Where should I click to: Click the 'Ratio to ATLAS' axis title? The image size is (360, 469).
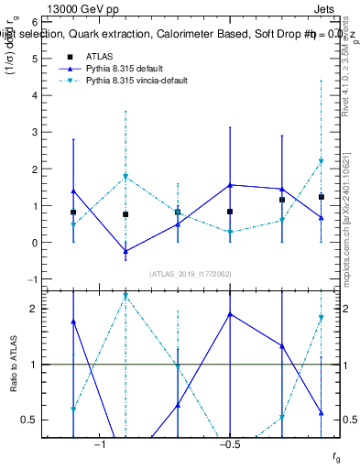tap(27, 364)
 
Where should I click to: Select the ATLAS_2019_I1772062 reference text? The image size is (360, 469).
tap(191, 273)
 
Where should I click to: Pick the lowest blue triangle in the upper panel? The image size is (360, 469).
tap(125, 251)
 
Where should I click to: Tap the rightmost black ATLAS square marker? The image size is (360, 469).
tap(322, 197)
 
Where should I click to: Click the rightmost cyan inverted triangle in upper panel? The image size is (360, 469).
tap(322, 162)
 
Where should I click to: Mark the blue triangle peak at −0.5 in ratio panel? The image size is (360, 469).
tap(230, 314)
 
